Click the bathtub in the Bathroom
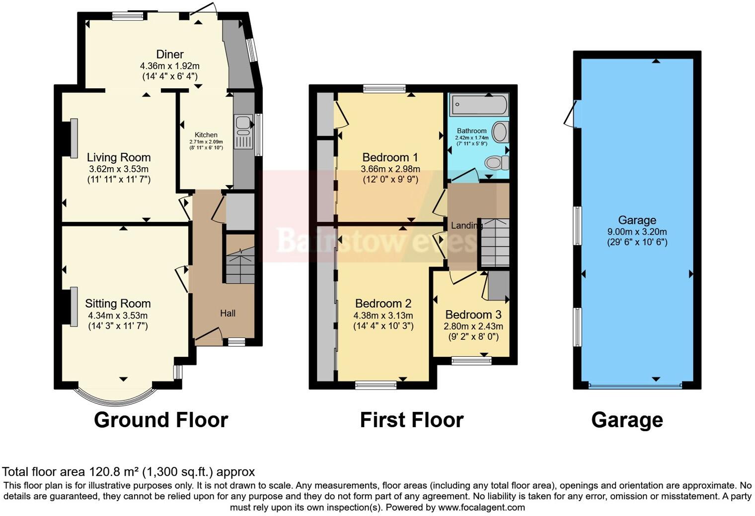click(478, 105)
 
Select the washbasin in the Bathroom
click(501, 132)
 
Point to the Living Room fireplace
click(73, 138)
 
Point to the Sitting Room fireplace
click(73, 307)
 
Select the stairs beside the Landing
click(495, 243)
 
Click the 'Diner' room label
click(170, 55)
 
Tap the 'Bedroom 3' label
click(473, 315)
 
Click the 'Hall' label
click(228, 313)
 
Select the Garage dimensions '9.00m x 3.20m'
click(637, 232)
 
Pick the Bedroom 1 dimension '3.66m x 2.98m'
click(390, 169)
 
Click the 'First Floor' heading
click(411, 420)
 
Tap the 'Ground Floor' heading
click(160, 420)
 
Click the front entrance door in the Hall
click(209, 336)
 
